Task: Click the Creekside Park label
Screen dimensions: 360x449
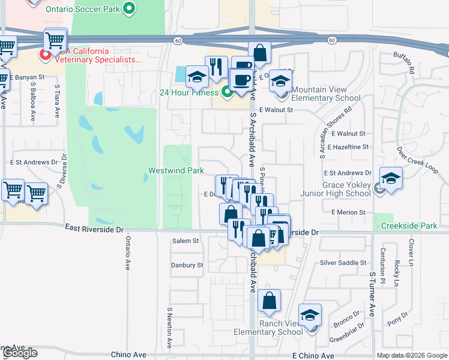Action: pos(409,226)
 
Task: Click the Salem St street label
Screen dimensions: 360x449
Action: pos(185,241)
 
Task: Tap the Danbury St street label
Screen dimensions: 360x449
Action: pos(187,265)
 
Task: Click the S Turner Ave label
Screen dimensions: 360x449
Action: pos(372,293)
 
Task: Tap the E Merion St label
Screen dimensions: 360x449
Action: pos(348,212)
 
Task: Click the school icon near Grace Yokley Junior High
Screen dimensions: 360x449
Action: pos(391,178)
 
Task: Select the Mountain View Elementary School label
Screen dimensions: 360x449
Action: pos(327,94)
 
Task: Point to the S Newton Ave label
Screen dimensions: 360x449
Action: pos(170,328)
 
